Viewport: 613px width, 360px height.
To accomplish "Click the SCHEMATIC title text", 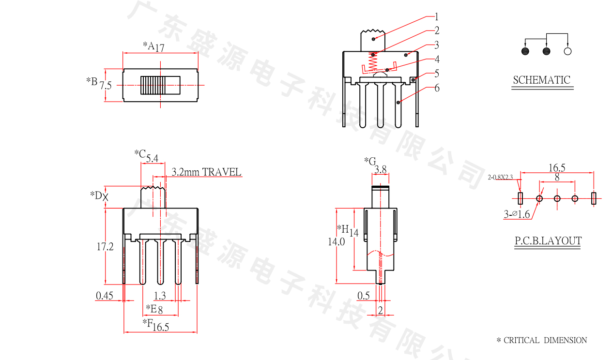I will pyautogui.click(x=542, y=80).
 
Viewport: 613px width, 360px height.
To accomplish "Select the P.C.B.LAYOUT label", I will pyautogui.click(x=548, y=241).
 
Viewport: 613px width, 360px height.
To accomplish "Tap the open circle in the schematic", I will pyautogui.click(x=568, y=51).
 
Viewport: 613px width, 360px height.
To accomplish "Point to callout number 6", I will pyautogui.click(x=437, y=88).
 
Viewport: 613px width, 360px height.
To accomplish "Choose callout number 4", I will pyautogui.click(x=437, y=60).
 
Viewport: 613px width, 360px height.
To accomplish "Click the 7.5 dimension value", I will pyautogui.click(x=106, y=86).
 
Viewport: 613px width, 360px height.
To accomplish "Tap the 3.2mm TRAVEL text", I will pyautogui.click(x=207, y=172).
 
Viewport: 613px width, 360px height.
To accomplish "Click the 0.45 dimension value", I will pyautogui.click(x=105, y=296).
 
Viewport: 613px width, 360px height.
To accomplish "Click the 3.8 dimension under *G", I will pyautogui.click(x=381, y=169).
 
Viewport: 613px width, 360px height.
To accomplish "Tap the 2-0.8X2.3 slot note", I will pyautogui.click(x=500, y=178).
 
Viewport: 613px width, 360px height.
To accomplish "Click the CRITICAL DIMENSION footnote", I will pyautogui.click(x=542, y=341).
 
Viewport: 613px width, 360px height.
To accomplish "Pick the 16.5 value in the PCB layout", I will pyautogui.click(x=557, y=168).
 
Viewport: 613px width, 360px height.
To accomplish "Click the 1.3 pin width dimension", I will pyautogui.click(x=159, y=296).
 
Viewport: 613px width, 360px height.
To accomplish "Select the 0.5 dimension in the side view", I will pyautogui.click(x=363, y=296).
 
